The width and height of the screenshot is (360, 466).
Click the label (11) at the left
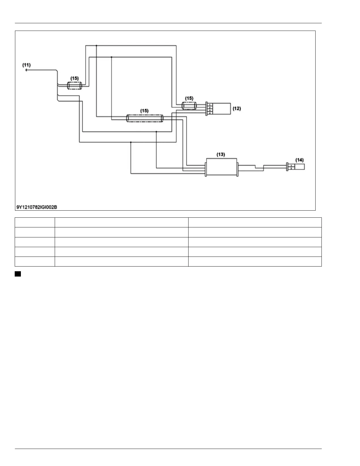26,65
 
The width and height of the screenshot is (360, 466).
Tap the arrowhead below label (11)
26,70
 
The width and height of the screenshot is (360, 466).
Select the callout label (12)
236,109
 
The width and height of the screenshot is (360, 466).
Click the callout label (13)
221,154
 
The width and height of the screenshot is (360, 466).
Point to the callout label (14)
299,160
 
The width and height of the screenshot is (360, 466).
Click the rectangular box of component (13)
221,167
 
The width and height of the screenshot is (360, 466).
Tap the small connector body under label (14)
299,167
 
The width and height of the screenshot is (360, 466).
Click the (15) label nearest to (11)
74,78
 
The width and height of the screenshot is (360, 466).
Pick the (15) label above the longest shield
144,111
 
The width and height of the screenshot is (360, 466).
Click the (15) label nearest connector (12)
189,98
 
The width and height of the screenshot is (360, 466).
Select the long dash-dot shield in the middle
144,118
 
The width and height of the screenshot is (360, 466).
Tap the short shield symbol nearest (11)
74,86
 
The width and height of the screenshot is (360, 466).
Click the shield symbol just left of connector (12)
189,106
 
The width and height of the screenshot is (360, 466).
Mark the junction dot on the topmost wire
96,46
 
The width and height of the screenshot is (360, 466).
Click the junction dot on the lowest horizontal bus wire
131,142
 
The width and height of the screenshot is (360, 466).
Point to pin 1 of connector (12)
209,105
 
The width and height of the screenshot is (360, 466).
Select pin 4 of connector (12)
209,113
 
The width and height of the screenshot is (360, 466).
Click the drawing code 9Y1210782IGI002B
37,207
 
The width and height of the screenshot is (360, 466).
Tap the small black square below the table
18,274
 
